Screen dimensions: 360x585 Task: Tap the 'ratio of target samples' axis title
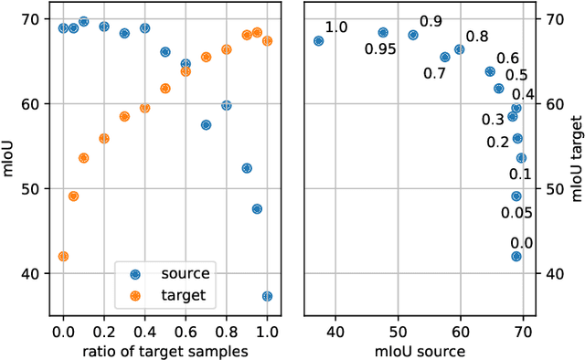tap(165, 351)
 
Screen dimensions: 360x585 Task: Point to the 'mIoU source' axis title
tap(428, 351)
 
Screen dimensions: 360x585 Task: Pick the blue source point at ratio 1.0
tap(267, 296)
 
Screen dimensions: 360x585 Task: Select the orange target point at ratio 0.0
tap(63, 257)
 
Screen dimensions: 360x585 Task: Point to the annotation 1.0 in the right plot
tap(336, 27)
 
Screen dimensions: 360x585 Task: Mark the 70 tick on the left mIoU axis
tap(32, 19)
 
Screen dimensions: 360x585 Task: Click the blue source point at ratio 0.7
tap(206, 124)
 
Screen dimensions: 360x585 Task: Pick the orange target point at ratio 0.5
tap(165, 89)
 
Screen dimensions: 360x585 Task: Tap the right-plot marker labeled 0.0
tap(516, 257)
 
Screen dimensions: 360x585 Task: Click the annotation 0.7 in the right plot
tap(433, 72)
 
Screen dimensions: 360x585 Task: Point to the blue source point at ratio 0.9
tap(247, 168)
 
